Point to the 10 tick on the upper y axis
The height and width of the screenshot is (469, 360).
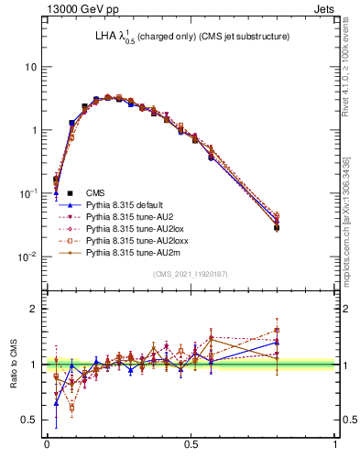31,68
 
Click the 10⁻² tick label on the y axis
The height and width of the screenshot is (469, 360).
27,256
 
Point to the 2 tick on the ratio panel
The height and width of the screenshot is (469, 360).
34,309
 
